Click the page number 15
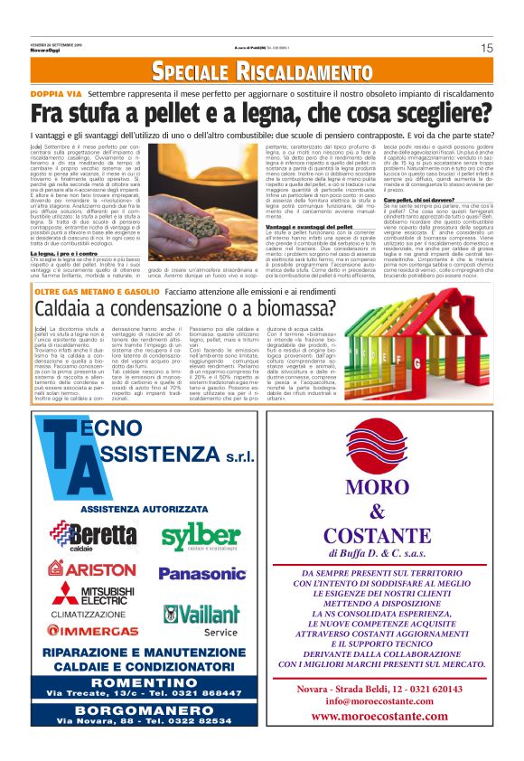point(486,48)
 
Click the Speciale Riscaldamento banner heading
point(262,70)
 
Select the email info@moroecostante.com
point(389,700)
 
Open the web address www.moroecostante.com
point(389,717)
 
